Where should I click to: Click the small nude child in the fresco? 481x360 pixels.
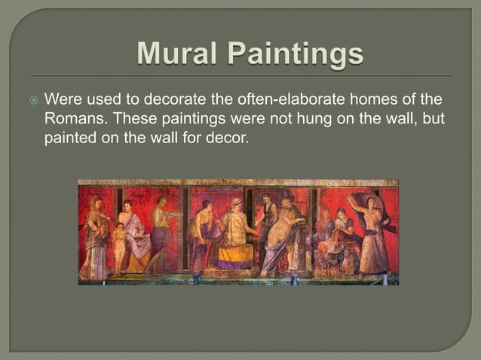click(x=118, y=245)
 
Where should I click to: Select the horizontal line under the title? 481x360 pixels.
click(x=240, y=75)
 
